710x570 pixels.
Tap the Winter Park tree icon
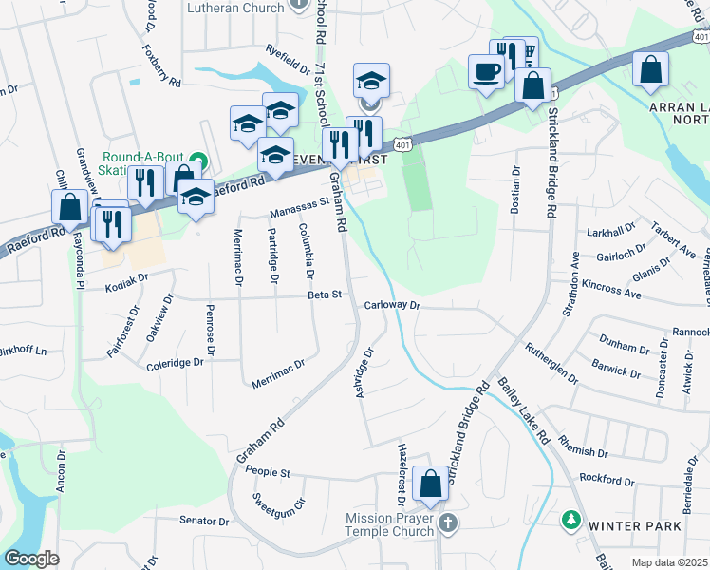[x=571, y=520]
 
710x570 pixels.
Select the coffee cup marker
[x=486, y=72]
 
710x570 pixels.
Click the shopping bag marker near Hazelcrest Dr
[x=431, y=484]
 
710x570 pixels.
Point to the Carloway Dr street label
[x=392, y=306]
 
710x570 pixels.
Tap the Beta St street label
[x=324, y=294]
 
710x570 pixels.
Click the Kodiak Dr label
[x=127, y=280]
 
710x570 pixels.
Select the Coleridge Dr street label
[x=175, y=363]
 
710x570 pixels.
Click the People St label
[x=267, y=471]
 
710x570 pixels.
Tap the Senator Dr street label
[x=204, y=521]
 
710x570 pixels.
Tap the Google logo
[x=31, y=559]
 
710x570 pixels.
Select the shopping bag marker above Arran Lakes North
[x=650, y=69]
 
